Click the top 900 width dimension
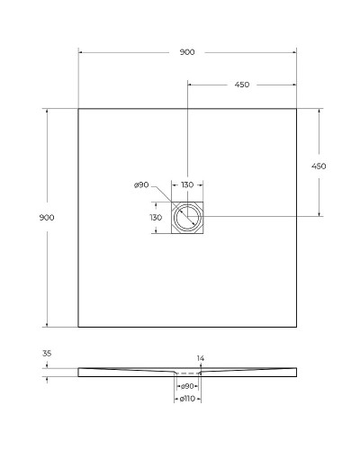coord(186,52)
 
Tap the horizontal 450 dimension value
coord(241,85)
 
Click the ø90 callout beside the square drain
coord(141,185)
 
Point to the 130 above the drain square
coord(187,185)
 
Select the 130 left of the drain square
coord(156,217)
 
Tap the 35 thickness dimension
coord(47,354)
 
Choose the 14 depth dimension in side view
coord(201,358)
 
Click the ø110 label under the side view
coord(187,397)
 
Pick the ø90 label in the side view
coord(187,385)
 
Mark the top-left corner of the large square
coord(78,109)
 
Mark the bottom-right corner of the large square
coord(296,327)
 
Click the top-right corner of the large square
coord(296,109)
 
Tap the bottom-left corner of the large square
coord(78,327)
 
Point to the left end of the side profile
coord(79,371)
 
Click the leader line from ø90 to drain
coord(162,195)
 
